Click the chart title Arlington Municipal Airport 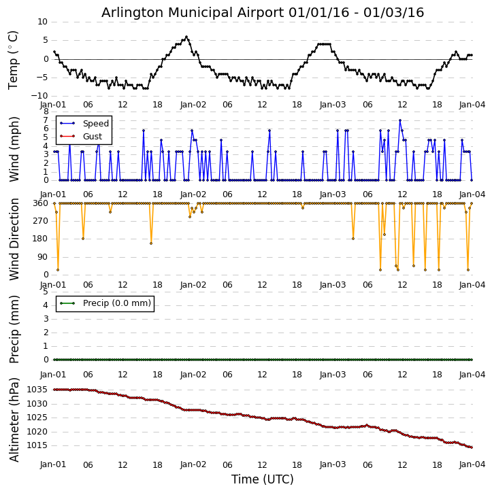(263, 13)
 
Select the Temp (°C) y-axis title (14, 59)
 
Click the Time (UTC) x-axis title (263, 479)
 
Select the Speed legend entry (95, 124)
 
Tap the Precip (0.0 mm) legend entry (116, 303)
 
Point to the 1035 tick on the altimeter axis (37, 390)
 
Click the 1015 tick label (37, 445)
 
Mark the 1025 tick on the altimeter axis (37, 418)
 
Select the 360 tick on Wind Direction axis (40, 203)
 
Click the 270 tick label (40, 221)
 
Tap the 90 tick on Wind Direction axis (42, 257)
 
